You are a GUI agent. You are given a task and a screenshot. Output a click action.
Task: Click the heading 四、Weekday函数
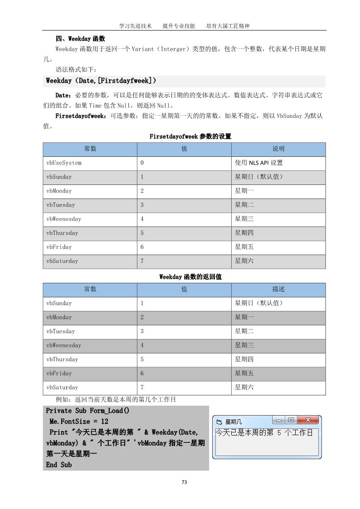pyautogui.click(x=80, y=39)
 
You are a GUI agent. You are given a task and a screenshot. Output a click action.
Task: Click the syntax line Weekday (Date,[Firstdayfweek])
pyautogui.click(x=101, y=81)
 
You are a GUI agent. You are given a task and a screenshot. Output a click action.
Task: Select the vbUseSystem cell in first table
pyautogui.click(x=64, y=163)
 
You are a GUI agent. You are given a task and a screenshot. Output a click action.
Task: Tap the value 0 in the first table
pyautogui.click(x=142, y=163)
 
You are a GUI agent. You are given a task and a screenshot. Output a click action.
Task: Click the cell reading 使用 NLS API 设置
pyautogui.click(x=258, y=163)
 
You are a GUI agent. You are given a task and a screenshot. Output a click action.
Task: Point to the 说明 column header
pyautogui.click(x=278, y=149)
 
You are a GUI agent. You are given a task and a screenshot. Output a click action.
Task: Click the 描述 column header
pyautogui.click(x=278, y=289)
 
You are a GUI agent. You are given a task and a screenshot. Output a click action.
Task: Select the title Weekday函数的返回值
pyautogui.click(x=184, y=276)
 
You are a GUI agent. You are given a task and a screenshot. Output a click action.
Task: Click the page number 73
pyautogui.click(x=184, y=482)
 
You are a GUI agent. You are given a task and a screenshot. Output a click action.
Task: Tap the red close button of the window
pyautogui.click(x=308, y=420)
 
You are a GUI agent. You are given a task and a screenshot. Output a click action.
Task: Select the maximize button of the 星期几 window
pyautogui.click(x=291, y=420)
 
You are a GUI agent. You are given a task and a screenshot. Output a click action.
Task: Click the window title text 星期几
pyautogui.click(x=234, y=422)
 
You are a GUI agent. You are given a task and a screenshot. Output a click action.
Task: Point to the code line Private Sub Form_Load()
pyautogui.click(x=88, y=411)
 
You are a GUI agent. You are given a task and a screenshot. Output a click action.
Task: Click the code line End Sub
pyautogui.click(x=59, y=465)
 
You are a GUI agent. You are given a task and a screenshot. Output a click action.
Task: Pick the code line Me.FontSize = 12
pyautogui.click(x=79, y=422)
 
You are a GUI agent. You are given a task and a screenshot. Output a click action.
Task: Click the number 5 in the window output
pyautogui.click(x=279, y=433)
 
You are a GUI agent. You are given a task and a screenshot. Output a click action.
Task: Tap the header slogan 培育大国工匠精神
pyautogui.click(x=228, y=26)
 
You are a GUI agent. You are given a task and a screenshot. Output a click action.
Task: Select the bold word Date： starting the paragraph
pyautogui.click(x=63, y=95)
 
